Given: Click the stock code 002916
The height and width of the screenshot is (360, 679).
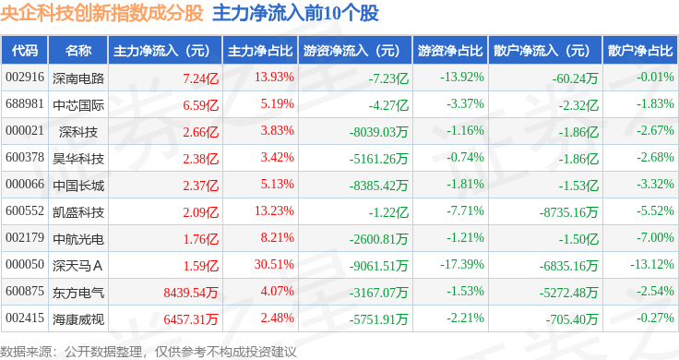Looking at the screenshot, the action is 25,78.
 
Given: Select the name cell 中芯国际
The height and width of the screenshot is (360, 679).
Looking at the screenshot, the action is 78,105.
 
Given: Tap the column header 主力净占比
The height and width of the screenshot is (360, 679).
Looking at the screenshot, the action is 260,51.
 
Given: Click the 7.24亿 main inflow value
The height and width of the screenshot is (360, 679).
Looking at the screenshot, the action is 200,78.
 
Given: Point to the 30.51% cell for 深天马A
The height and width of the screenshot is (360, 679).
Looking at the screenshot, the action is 274,264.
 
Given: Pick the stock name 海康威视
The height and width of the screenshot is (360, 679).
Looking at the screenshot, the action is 78,319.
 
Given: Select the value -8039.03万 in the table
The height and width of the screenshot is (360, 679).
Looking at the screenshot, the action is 378,132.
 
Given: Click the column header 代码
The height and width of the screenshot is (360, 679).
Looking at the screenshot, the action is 25,51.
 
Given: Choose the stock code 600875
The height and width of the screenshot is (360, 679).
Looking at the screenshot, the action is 25,291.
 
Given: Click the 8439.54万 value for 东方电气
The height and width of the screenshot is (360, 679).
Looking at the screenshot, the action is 191,293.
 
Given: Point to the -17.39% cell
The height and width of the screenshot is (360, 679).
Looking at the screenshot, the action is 462,264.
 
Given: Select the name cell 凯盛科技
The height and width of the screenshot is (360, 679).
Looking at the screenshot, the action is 78,212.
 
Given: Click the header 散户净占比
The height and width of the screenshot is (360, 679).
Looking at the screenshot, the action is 640,51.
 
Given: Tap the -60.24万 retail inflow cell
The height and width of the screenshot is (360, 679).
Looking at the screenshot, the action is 575,78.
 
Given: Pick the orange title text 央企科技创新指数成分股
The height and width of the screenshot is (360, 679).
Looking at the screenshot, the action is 101,13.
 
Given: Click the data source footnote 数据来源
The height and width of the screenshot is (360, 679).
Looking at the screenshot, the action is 26,352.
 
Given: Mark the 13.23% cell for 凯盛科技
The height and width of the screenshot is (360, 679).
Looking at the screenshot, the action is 274,211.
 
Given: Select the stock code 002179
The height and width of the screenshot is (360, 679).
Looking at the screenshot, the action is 25,238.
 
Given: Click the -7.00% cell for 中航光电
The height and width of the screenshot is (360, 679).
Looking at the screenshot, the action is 655,238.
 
